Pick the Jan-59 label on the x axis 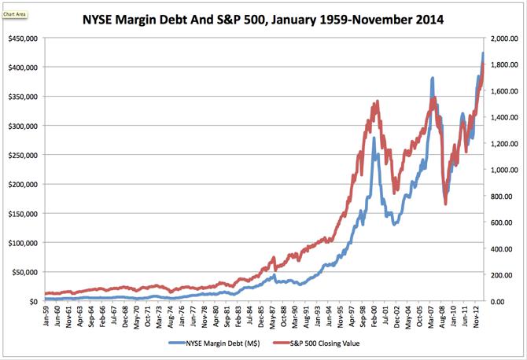pyautogui.click(x=46, y=317)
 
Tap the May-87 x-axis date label pyautogui.click(x=272, y=317)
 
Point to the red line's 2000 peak pyautogui.click(x=378, y=101)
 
